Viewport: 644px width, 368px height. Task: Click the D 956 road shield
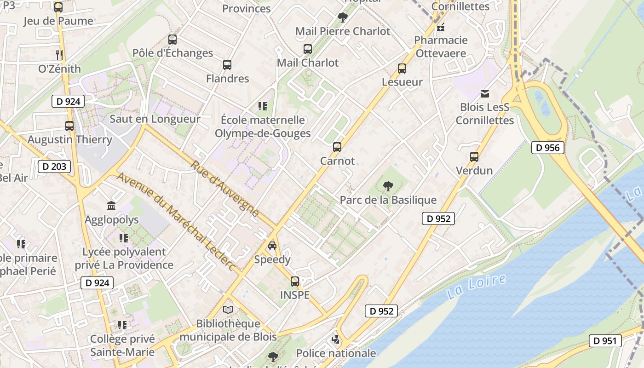click(548, 148)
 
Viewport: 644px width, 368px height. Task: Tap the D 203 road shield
click(54, 167)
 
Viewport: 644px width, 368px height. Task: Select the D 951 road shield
click(605, 341)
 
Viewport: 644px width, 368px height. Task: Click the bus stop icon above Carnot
click(337, 147)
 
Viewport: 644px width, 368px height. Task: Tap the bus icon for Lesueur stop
click(402, 69)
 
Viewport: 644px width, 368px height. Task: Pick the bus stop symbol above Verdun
click(474, 157)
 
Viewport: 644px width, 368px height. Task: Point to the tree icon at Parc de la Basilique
click(388, 186)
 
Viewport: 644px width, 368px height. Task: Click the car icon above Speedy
click(272, 246)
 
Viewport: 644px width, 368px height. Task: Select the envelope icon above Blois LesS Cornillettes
click(484, 94)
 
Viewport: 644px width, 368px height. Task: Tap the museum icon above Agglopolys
click(111, 206)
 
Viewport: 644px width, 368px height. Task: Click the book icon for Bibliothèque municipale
click(228, 310)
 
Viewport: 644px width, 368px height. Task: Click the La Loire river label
click(476, 287)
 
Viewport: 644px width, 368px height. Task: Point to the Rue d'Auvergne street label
click(224, 189)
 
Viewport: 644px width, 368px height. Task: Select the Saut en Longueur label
click(155, 119)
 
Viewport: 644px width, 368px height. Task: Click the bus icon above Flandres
click(227, 65)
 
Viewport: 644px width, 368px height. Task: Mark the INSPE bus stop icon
click(295, 281)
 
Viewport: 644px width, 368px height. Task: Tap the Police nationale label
click(336, 353)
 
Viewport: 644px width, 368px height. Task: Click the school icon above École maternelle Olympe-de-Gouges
click(263, 107)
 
